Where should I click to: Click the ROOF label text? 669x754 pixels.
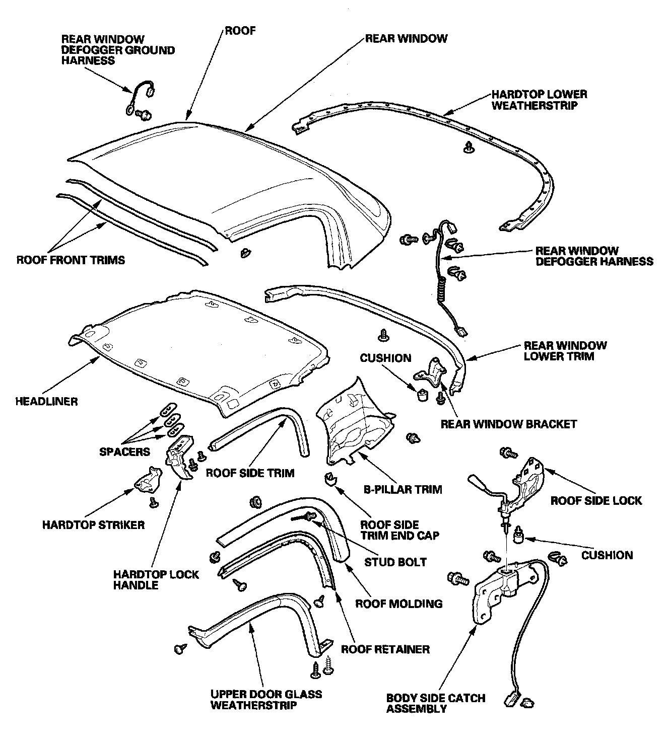[x=240, y=31]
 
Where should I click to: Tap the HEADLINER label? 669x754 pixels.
[x=46, y=401]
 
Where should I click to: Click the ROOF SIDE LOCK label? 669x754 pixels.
[x=596, y=500]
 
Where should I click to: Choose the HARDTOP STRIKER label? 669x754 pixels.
[x=93, y=525]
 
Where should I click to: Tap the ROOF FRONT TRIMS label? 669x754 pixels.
[x=71, y=260]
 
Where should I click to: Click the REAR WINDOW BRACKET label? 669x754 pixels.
[x=508, y=424]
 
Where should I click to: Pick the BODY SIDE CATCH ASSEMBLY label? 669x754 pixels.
[x=435, y=703]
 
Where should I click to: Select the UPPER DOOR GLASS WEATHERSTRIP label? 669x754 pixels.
[x=265, y=699]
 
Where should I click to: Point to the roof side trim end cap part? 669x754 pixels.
[x=329, y=479]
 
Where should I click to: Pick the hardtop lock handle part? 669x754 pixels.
[x=179, y=455]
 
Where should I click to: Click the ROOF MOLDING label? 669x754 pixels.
[x=398, y=604]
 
